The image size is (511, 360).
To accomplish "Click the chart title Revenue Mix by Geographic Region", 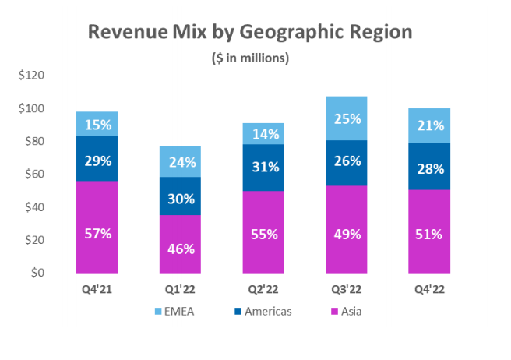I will point(249,32).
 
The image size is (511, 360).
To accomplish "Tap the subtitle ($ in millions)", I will point(250,57).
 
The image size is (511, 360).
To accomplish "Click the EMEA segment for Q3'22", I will point(346,118).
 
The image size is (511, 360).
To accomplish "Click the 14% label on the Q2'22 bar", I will point(263,133).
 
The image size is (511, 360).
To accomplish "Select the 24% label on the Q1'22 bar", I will point(179,163).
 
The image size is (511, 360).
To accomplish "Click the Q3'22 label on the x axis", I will point(346,290).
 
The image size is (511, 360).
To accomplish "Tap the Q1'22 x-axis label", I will point(179,290).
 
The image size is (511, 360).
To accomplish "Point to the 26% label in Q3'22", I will point(346,161).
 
